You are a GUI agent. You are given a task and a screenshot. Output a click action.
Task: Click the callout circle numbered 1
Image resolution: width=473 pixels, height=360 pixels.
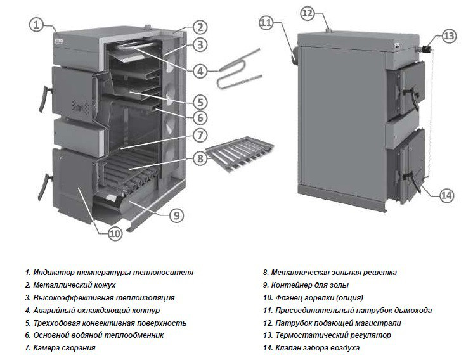point(36,25)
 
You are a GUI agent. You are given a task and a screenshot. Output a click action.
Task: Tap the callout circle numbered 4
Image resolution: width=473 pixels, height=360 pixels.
point(201,72)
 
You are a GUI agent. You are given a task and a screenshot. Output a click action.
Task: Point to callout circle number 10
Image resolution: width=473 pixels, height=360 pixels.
point(114,234)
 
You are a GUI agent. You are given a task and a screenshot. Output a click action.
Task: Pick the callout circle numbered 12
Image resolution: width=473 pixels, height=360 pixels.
point(325,13)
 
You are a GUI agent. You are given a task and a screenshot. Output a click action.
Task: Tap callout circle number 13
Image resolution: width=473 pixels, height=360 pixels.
point(449,37)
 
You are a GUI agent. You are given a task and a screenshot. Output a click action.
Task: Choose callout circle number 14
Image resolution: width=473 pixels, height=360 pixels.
point(446,196)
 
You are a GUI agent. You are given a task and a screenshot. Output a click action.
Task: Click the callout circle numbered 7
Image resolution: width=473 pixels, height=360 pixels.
point(200,135)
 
